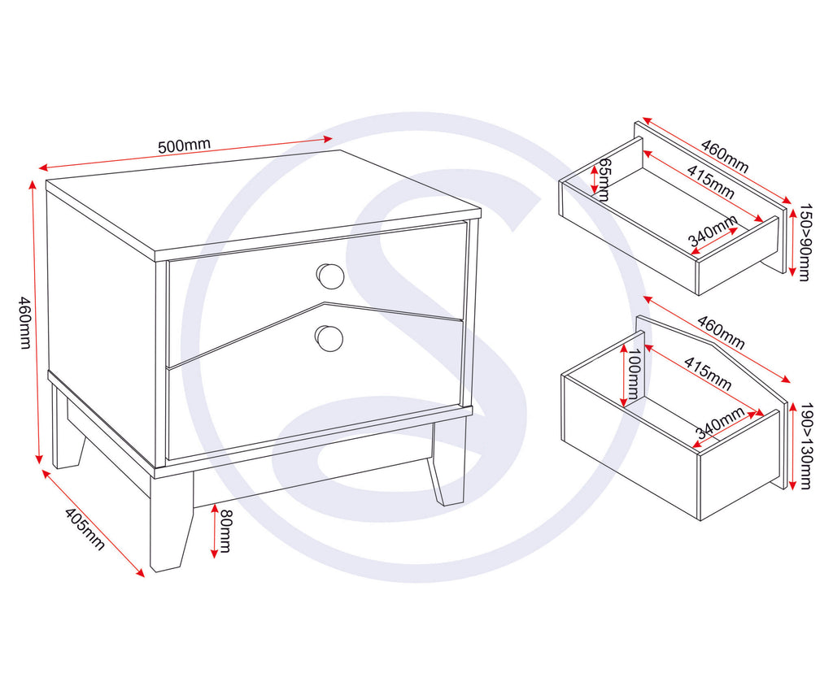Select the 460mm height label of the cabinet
23,322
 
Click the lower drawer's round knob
329,338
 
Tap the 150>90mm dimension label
804,242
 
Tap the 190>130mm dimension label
804,446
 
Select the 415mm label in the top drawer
709,183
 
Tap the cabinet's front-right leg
448,471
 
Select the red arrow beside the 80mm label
213,531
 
